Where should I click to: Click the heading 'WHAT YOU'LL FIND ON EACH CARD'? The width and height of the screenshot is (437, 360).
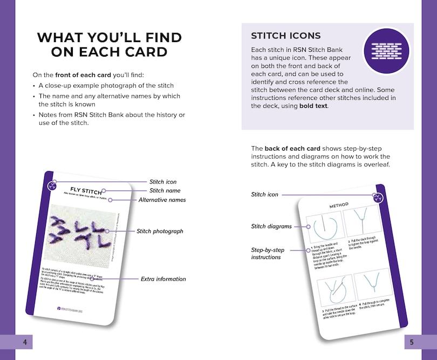(109, 44)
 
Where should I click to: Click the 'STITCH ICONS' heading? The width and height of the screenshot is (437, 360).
(286, 36)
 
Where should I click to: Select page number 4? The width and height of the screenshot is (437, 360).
(24, 342)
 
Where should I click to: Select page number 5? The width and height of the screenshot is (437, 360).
(412, 342)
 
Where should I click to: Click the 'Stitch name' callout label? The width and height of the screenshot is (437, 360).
(165, 191)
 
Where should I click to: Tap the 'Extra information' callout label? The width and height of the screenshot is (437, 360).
(163, 279)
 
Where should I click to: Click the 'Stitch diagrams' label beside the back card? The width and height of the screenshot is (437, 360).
(271, 227)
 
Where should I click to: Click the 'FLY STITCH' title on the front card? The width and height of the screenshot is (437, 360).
(86, 190)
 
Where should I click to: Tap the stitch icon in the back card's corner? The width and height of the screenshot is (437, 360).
(378, 196)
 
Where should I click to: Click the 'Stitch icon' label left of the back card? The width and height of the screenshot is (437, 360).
(265, 194)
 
